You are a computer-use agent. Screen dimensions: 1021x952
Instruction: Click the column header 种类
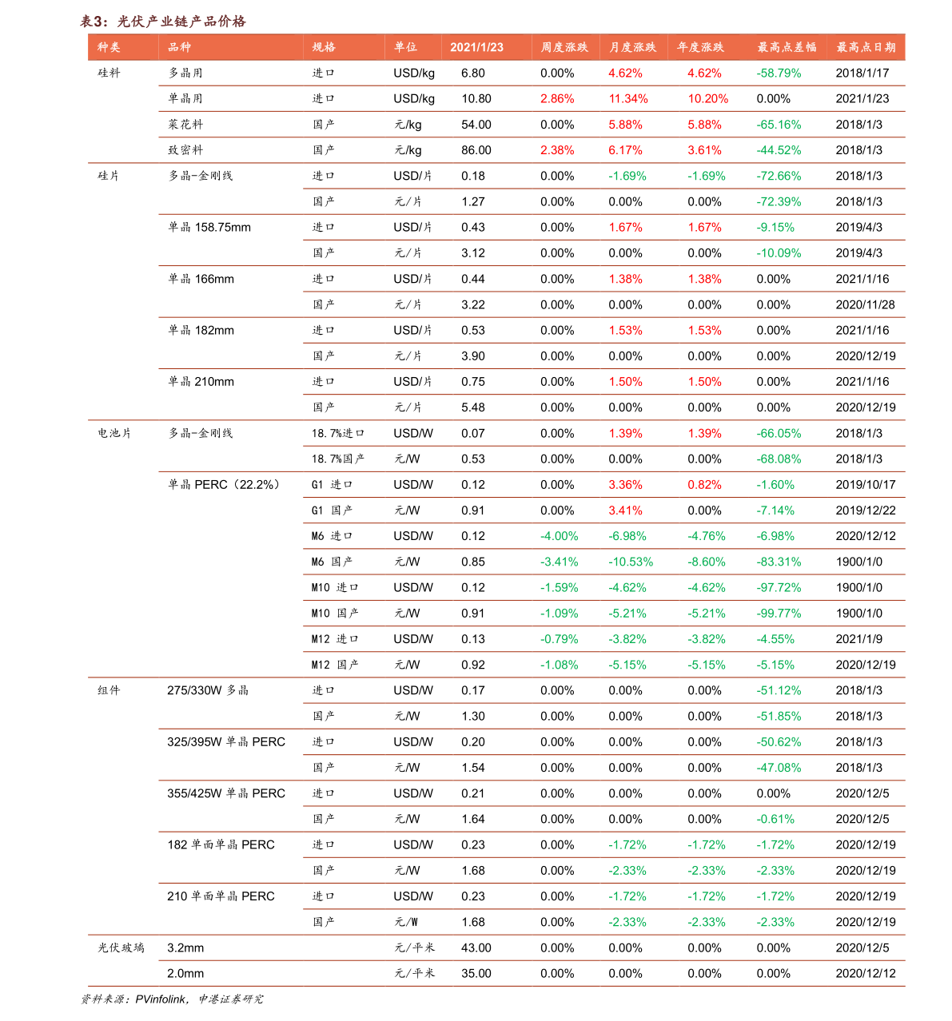[x=109, y=47]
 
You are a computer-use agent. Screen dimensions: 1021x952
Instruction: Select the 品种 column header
[x=179, y=47]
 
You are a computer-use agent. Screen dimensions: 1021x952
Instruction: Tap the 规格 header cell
[x=324, y=47]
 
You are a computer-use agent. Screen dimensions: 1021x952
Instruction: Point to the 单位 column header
[x=405, y=47]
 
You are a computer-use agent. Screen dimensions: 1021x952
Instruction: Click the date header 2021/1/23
[x=476, y=47]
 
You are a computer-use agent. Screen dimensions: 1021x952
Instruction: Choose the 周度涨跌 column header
[x=564, y=47]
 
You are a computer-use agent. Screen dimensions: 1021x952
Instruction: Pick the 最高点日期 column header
[x=866, y=47]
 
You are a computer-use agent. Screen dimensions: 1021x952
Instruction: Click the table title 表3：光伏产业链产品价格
[x=163, y=22]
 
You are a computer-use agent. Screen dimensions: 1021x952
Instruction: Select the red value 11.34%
[x=627, y=99]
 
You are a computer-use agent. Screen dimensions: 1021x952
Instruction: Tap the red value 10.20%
[x=707, y=99]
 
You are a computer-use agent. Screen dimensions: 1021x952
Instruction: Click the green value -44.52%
[x=779, y=150]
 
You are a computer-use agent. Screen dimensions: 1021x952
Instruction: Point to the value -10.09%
[x=779, y=253]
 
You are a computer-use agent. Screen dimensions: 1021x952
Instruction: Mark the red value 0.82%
[x=704, y=485]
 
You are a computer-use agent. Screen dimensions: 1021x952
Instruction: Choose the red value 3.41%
[x=625, y=510]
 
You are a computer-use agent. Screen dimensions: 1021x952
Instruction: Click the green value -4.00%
[x=559, y=536]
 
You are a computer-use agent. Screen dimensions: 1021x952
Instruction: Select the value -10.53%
[x=630, y=562]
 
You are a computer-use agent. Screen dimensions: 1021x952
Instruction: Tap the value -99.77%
[x=779, y=614]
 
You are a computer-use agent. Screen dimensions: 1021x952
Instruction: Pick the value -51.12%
[x=779, y=690]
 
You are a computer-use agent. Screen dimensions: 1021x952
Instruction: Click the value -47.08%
[x=779, y=768]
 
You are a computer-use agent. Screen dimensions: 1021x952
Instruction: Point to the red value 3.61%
[x=704, y=150]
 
